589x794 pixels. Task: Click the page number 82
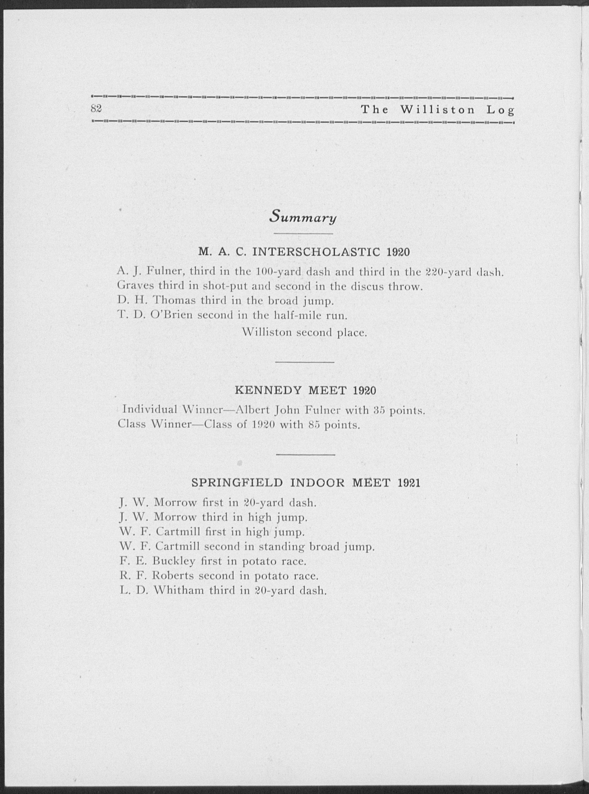pos(96,108)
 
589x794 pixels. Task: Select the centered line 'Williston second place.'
pos(304,332)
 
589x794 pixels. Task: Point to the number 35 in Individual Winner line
pos(380,410)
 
